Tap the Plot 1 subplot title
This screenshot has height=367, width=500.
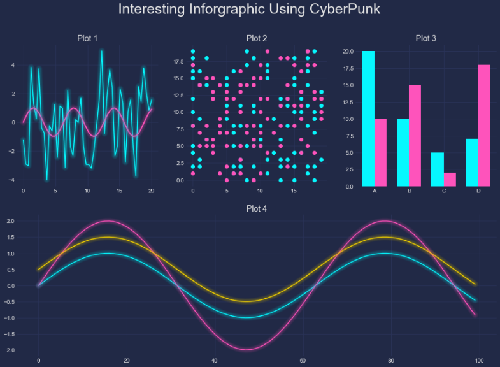pyautogui.click(x=87, y=38)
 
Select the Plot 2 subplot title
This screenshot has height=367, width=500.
pyautogui.click(x=256, y=38)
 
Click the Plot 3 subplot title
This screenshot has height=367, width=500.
pyautogui.click(x=425, y=38)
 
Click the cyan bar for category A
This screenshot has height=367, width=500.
pyautogui.click(x=368, y=119)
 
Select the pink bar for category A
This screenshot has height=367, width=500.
pyautogui.click(x=381, y=152)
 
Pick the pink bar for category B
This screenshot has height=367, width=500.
pyautogui.click(x=415, y=135)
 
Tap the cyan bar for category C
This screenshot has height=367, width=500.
pyautogui.click(x=437, y=169)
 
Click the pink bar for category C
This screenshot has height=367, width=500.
pyautogui.click(x=450, y=179)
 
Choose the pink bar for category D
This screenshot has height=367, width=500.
pyautogui.click(x=484, y=125)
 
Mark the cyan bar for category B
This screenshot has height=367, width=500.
pyautogui.click(x=403, y=152)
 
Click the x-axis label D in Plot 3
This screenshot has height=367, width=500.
pyautogui.click(x=478, y=191)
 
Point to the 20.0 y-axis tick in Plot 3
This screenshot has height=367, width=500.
pyautogui.click(x=348, y=51)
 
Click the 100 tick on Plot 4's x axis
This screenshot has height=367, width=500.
pyautogui.click(x=480, y=360)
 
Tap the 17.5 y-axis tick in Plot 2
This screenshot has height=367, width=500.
pyautogui.click(x=178, y=62)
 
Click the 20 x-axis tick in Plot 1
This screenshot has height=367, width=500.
pyautogui.click(x=152, y=191)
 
